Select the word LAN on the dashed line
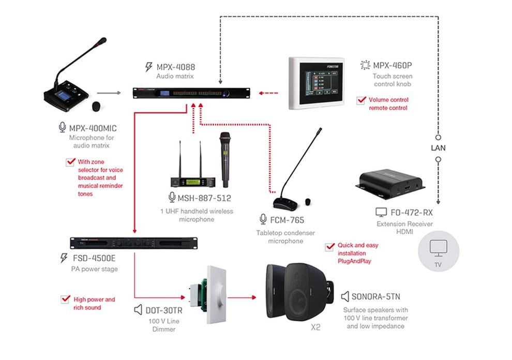pyautogui.click(x=438, y=148)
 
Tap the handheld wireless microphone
pyautogui.click(x=224, y=159)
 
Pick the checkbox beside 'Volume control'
pyautogui.click(x=362, y=100)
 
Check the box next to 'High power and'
pyautogui.click(x=66, y=299)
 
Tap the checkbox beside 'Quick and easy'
pyautogui.click(x=329, y=247)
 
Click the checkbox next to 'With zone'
pyautogui.click(x=70, y=162)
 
